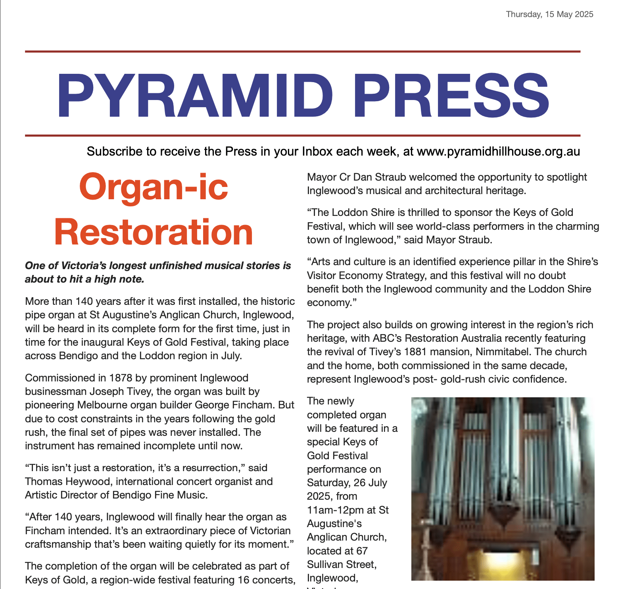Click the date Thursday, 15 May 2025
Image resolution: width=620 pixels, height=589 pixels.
coord(549,14)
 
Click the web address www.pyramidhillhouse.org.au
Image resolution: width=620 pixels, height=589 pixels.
coord(498,152)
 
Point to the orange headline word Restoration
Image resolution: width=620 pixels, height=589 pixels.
coord(154,233)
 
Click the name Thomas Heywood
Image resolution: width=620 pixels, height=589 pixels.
coord(67,481)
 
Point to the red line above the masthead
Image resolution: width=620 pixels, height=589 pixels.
coord(302,52)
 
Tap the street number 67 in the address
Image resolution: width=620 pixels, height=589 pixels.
coord(361,551)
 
